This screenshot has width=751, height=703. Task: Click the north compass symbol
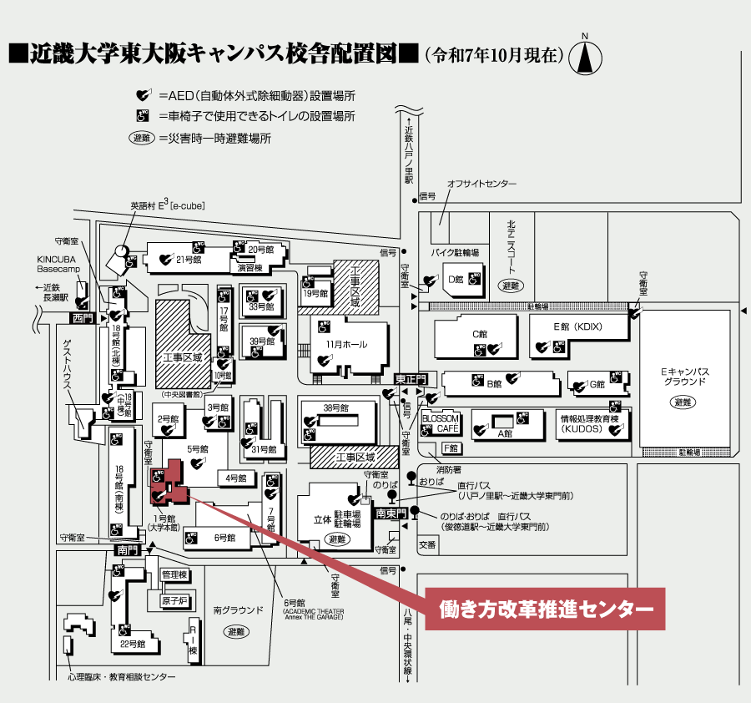coord(586,57)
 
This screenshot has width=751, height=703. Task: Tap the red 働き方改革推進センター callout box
coord(546,610)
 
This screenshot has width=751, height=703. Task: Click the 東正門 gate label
coord(410,379)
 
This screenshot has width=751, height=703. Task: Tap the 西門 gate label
coord(81,318)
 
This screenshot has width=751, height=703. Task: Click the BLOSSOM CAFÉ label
coord(441,422)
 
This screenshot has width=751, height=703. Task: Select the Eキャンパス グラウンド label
coord(684,376)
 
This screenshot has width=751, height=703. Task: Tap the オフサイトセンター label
coord(481,184)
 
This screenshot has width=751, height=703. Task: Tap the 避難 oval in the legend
coord(142,138)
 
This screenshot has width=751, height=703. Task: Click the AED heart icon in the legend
coord(144,95)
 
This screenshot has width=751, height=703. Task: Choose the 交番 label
coord(427,544)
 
